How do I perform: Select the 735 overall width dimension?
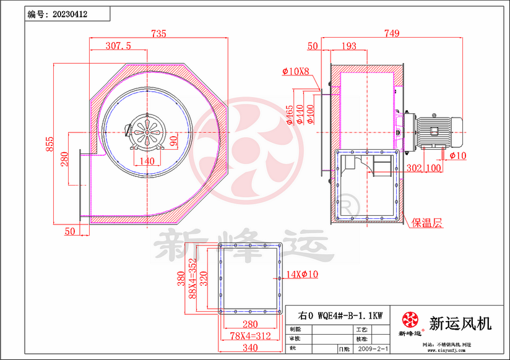159,35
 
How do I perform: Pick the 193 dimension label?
349,46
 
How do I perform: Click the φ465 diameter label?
290,114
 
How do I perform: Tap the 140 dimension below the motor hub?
147,161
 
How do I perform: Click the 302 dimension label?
414,168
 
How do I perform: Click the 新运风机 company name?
460,322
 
